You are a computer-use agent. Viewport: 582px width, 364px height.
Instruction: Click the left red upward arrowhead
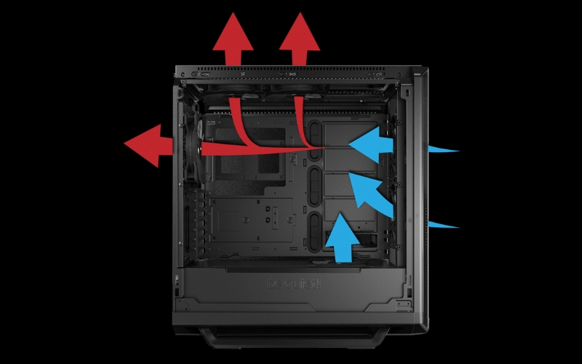click(x=233, y=33)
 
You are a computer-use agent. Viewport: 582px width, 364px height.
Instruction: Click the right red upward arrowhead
click(x=299, y=33)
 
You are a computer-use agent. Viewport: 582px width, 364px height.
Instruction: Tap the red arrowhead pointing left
click(x=145, y=145)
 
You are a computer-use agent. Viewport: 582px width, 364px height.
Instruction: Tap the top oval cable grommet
click(x=315, y=135)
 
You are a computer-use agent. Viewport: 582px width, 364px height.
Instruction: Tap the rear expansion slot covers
click(x=191, y=218)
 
